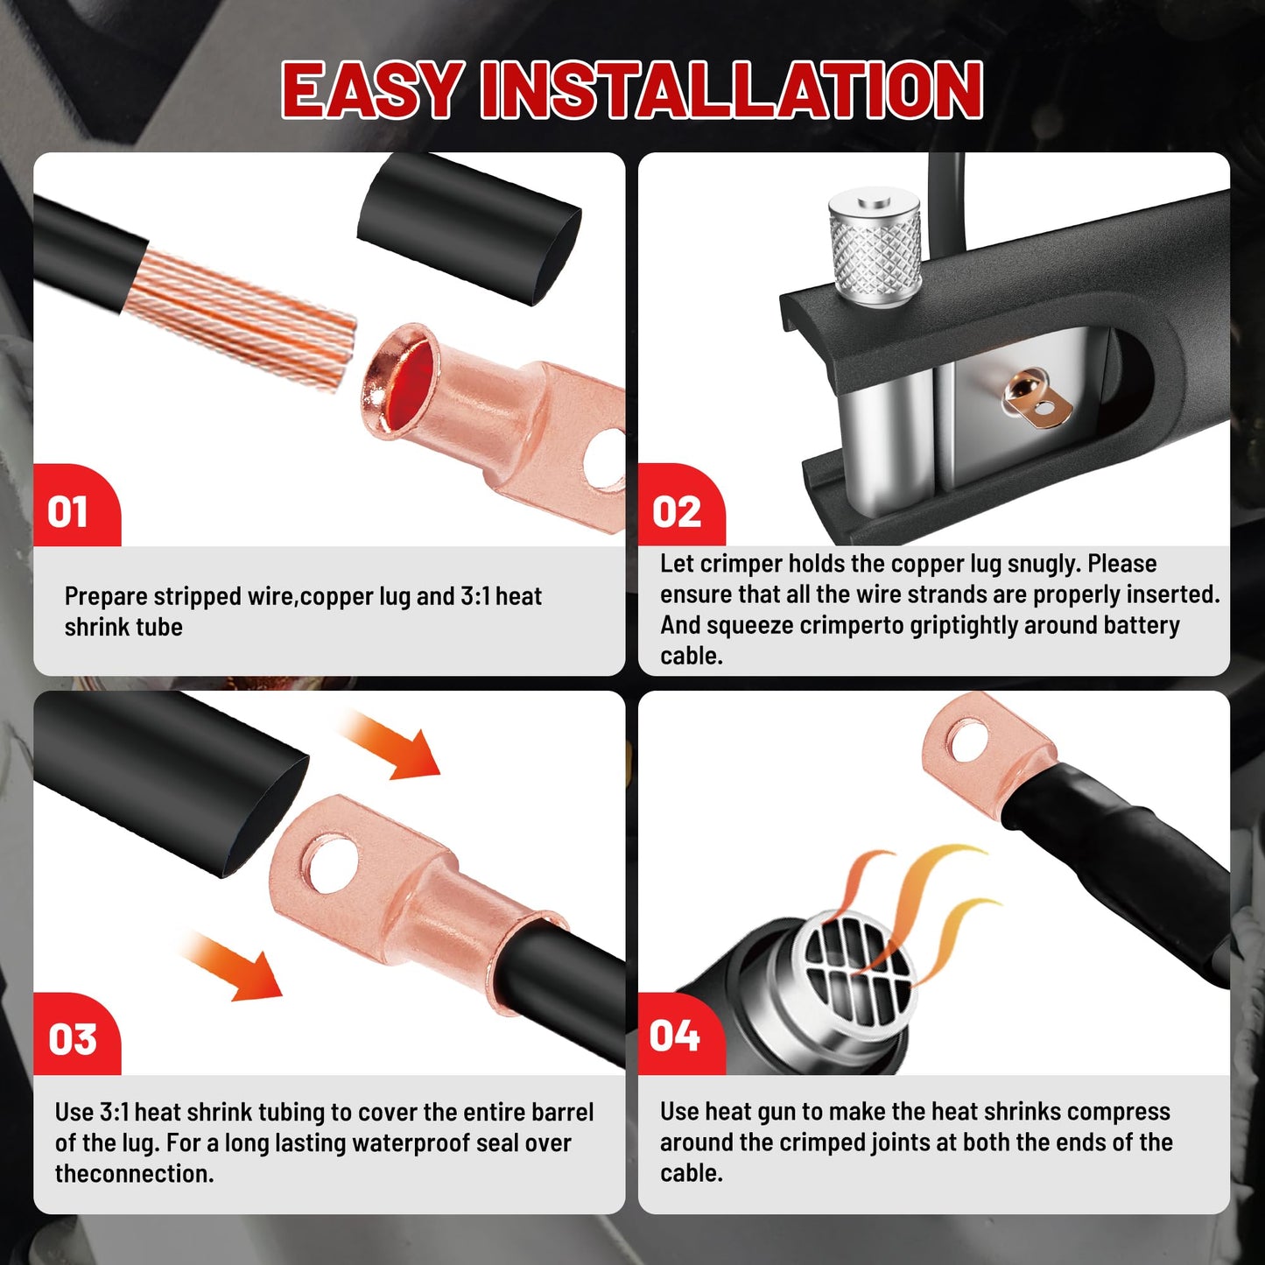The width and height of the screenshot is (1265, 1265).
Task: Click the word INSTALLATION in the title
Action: pyautogui.click(x=732, y=90)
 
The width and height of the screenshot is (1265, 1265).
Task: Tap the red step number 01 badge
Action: pyautogui.click(x=77, y=506)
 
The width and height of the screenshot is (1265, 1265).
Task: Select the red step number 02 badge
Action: pyautogui.click(x=681, y=506)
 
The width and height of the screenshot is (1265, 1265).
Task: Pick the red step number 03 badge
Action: pyautogui.click(x=77, y=1034)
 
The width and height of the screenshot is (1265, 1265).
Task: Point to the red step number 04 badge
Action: pyautogui.click(x=681, y=1034)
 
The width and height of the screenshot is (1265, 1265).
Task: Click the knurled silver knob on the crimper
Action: pyautogui.click(x=875, y=247)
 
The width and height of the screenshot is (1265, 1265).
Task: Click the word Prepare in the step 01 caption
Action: pyautogui.click(x=105, y=597)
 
